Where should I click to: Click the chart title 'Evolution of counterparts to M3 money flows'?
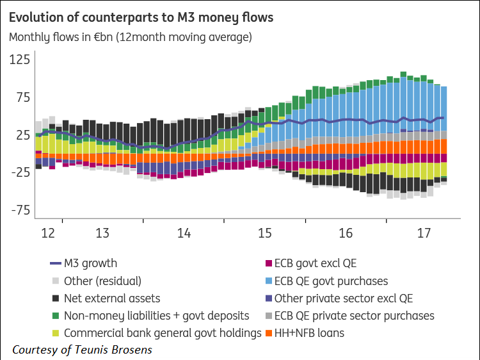(141, 17)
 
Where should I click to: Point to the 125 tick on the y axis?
(19, 60)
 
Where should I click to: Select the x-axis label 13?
(102, 232)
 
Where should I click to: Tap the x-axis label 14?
(184, 232)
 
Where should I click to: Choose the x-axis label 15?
(265, 232)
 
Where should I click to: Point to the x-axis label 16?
(346, 232)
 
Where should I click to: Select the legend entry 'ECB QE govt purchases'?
(331, 281)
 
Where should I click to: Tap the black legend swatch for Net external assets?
(55, 299)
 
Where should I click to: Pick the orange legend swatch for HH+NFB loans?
(269, 333)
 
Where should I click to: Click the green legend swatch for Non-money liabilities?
(55, 316)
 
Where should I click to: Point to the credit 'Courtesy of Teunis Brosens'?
(82, 350)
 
